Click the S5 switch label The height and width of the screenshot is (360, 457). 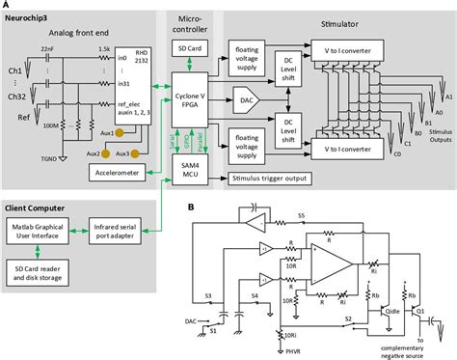(x=302, y=213)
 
